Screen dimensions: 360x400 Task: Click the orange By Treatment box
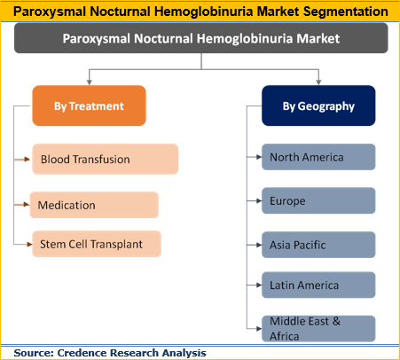(89, 106)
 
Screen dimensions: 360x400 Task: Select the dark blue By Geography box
(318, 106)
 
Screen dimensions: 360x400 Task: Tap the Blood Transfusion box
(105, 160)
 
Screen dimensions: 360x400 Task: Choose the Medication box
(94, 205)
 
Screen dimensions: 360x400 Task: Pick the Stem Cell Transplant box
(98, 242)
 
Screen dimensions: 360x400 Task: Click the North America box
(318, 158)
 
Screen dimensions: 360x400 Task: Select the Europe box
(318, 200)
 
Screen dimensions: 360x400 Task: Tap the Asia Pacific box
(318, 242)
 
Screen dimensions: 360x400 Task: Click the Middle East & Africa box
(318, 327)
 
